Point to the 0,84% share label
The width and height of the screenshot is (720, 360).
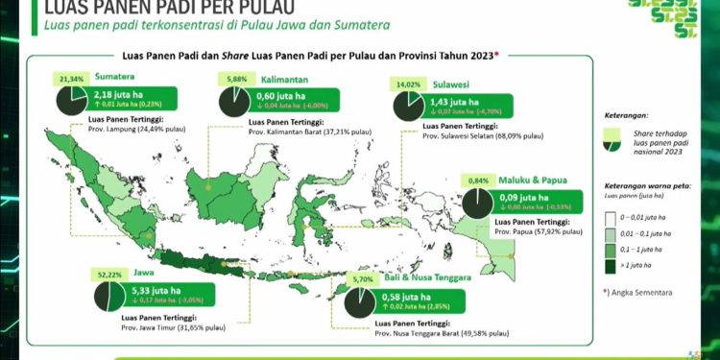coord(477,180)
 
